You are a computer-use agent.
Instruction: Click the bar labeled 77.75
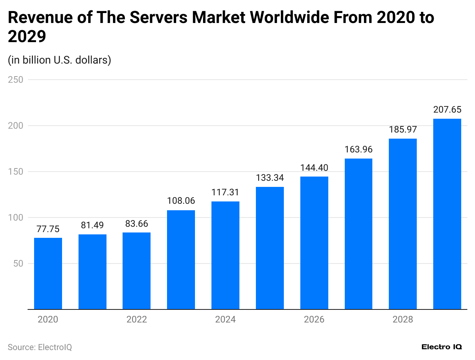click(x=48, y=273)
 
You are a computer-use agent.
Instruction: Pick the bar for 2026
click(x=314, y=243)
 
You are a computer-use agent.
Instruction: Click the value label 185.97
click(x=403, y=129)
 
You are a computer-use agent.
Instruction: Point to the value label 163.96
click(x=358, y=149)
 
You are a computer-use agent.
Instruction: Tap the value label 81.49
click(x=92, y=225)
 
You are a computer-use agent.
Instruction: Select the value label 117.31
click(x=225, y=192)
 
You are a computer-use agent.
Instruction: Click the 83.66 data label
click(x=136, y=224)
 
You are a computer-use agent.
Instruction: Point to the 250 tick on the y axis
click(x=15, y=80)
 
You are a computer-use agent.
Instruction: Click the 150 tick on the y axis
click(x=15, y=172)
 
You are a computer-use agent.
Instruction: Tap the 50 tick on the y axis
click(x=18, y=263)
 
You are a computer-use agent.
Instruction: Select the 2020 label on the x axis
click(x=48, y=319)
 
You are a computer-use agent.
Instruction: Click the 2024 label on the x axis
click(x=225, y=319)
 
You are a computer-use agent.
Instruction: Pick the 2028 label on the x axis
click(x=403, y=319)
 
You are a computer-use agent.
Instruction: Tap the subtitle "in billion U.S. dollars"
click(x=59, y=60)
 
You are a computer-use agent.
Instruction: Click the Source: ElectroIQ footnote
click(x=40, y=347)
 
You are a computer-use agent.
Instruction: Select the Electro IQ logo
click(x=442, y=347)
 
